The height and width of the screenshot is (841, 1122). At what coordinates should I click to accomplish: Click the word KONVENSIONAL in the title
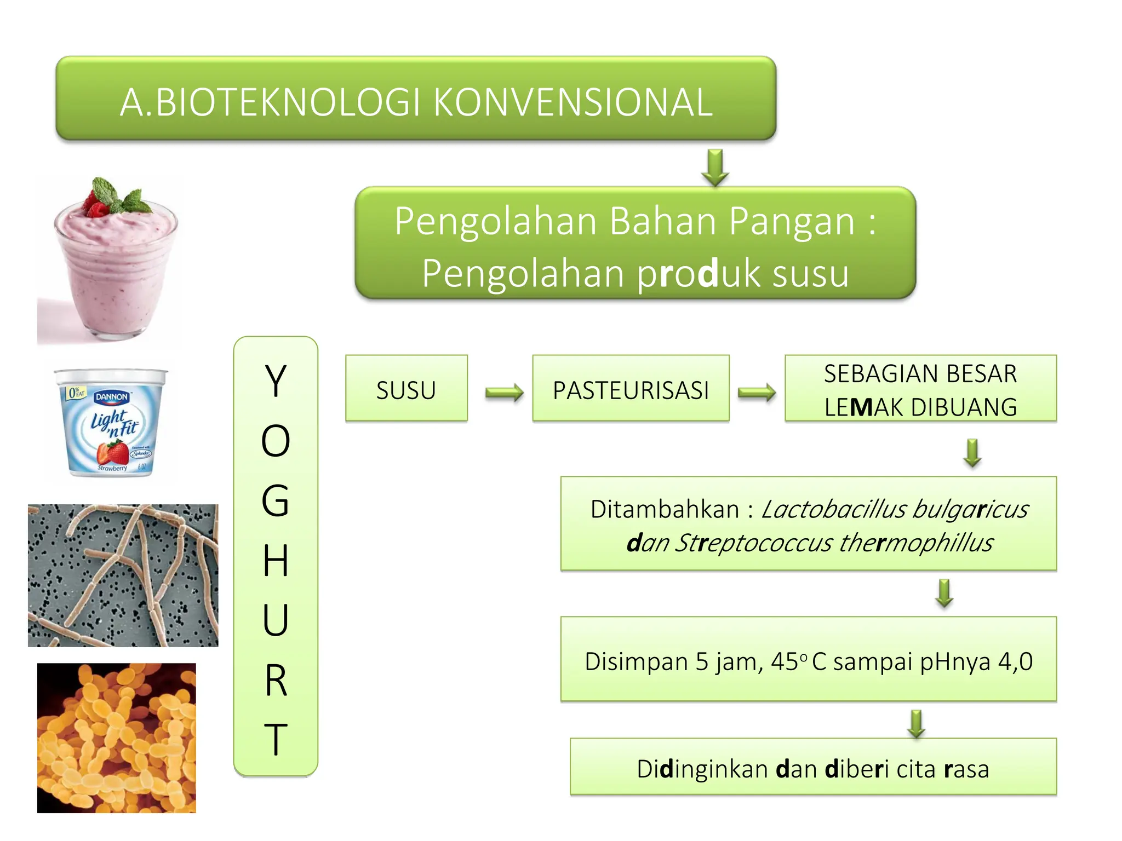(x=573, y=102)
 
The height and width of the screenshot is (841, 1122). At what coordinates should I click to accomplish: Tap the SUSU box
(x=406, y=389)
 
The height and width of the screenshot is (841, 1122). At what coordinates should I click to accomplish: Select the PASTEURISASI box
(x=631, y=389)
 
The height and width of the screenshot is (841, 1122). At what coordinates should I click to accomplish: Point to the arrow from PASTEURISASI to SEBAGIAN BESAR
(x=757, y=392)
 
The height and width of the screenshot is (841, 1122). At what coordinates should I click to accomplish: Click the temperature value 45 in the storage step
(x=785, y=661)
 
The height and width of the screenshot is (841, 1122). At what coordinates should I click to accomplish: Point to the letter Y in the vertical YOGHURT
(x=276, y=381)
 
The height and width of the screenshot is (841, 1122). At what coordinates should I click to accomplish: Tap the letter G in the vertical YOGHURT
(x=276, y=500)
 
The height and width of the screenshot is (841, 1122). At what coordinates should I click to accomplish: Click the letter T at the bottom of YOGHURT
(x=276, y=739)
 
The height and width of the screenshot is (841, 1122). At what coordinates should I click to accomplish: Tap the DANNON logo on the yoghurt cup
(x=112, y=396)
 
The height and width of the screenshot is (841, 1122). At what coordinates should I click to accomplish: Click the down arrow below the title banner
(x=715, y=168)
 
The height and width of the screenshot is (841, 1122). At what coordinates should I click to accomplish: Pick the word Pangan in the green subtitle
(x=792, y=221)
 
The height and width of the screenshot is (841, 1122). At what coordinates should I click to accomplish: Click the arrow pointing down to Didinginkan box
(x=917, y=723)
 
